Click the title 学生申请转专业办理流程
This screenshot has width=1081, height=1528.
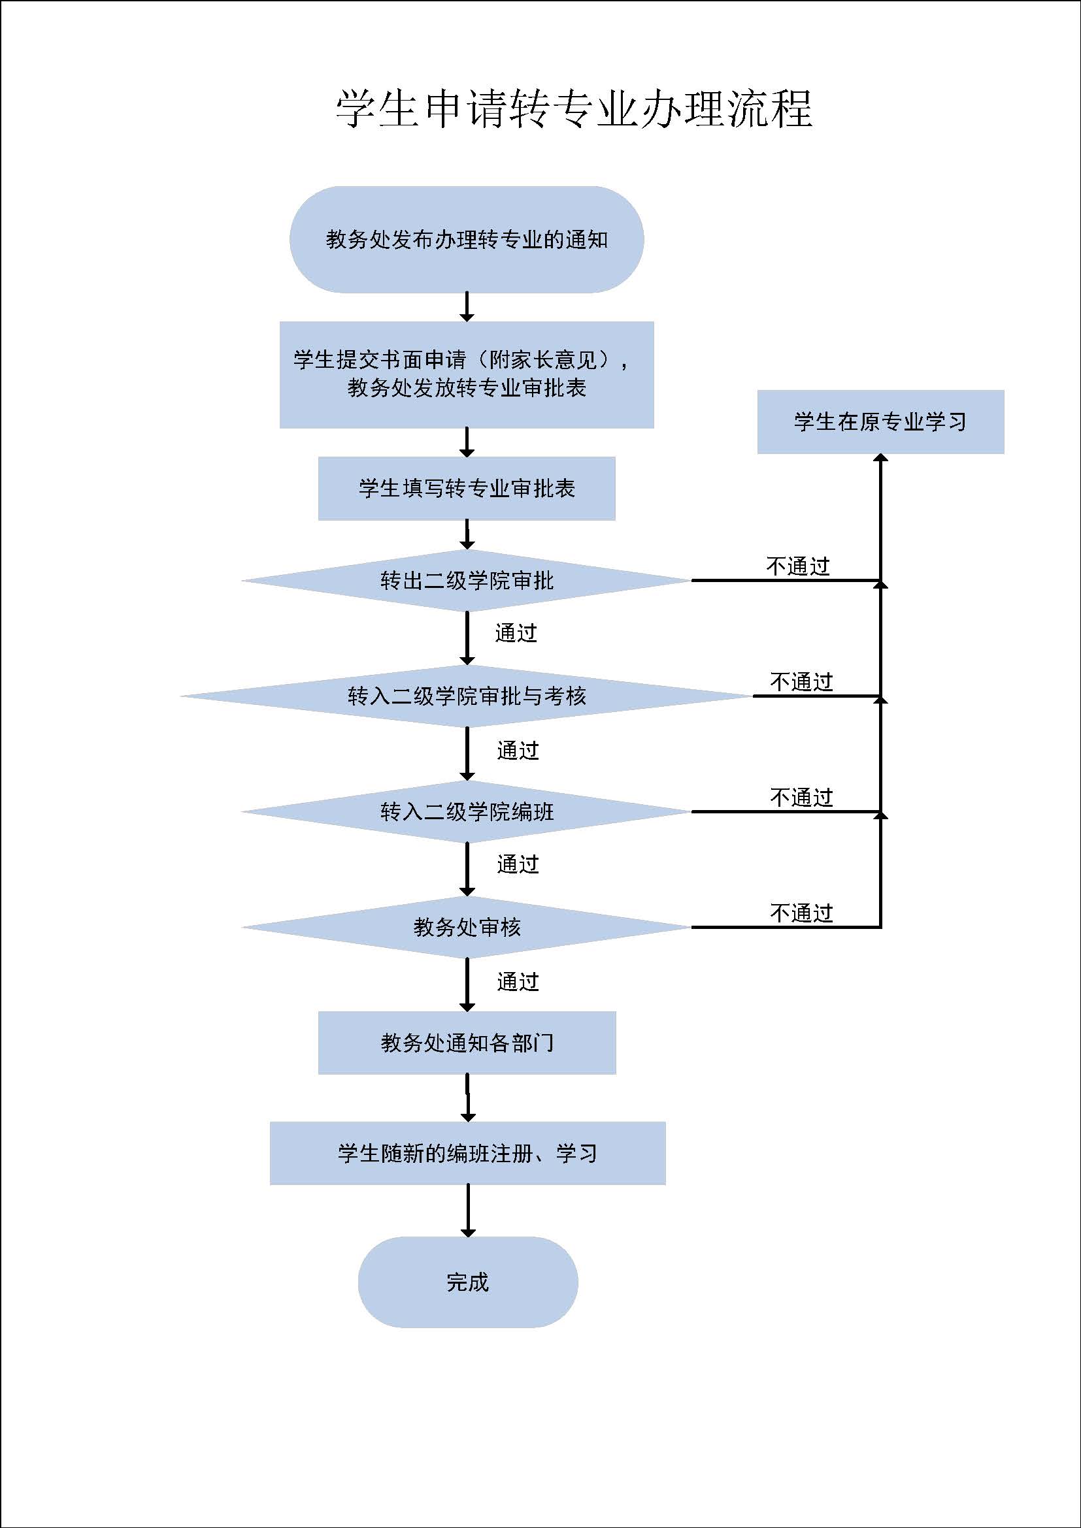coord(574,108)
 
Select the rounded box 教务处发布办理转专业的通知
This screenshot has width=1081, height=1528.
coord(467,240)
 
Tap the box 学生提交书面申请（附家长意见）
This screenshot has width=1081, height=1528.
coord(467,375)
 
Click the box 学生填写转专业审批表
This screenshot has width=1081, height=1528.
coord(467,489)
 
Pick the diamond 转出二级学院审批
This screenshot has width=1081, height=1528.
coord(467,580)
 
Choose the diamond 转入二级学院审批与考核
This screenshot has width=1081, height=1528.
coord(467,696)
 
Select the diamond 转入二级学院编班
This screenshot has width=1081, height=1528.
coord(467,812)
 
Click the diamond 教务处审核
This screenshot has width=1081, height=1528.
coord(467,927)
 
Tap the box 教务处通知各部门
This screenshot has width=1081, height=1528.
coord(467,1043)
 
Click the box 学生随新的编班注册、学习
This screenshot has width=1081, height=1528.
coord(467,1153)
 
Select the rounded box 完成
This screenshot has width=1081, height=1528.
coord(468,1282)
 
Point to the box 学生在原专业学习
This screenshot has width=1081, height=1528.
coord(880,422)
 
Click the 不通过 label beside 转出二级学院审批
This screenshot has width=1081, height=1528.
coord(798,566)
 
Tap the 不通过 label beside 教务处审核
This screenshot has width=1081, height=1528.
coord(801,913)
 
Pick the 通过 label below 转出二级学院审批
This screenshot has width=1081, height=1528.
coord(516,633)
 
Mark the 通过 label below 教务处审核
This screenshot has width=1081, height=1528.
coord(518,982)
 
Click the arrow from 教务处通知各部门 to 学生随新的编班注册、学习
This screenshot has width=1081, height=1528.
coord(468,1098)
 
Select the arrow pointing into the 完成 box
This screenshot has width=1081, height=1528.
coord(468,1211)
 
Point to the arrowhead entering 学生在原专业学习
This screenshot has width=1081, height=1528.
coord(880,458)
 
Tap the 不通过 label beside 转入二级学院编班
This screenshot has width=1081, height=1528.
coord(801,797)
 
